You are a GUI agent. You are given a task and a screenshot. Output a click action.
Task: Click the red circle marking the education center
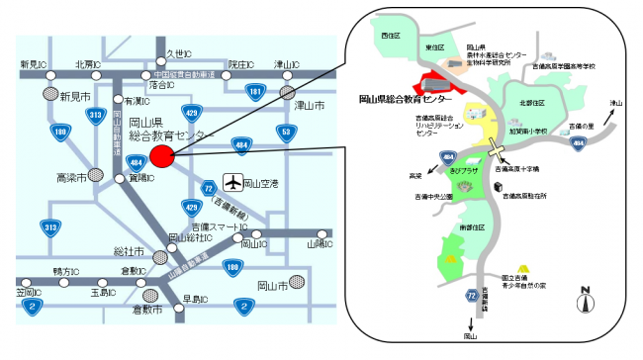(x=163, y=154)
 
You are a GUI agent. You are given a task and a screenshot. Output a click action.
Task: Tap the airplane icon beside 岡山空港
(x=232, y=183)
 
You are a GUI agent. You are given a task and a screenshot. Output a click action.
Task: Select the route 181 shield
(x=256, y=92)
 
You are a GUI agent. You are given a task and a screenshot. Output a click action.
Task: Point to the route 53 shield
(x=287, y=131)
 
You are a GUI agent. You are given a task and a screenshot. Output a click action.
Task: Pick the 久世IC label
(x=179, y=52)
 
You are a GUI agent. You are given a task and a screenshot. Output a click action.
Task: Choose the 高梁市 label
(x=71, y=178)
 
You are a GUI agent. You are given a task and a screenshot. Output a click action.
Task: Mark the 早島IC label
(x=194, y=298)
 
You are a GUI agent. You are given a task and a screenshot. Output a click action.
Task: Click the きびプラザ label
(x=464, y=169)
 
